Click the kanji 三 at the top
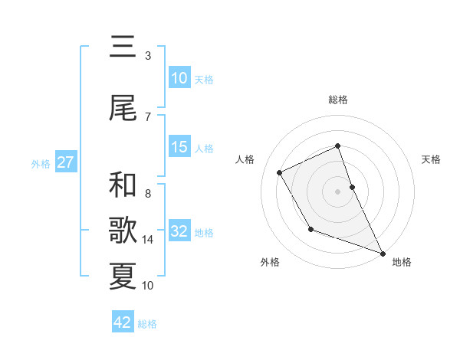123,48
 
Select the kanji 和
123,186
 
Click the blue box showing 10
179,78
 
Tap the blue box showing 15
179,147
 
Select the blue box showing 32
179,231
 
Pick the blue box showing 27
65,162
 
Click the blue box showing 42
123,322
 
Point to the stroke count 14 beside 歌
148,240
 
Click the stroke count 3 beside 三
148,56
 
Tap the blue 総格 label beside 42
147,324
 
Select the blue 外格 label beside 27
41,163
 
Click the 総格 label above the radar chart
338,100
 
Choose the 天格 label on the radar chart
432,159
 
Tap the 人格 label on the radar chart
245,159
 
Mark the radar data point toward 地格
383,253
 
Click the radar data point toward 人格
279,172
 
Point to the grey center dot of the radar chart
338,191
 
